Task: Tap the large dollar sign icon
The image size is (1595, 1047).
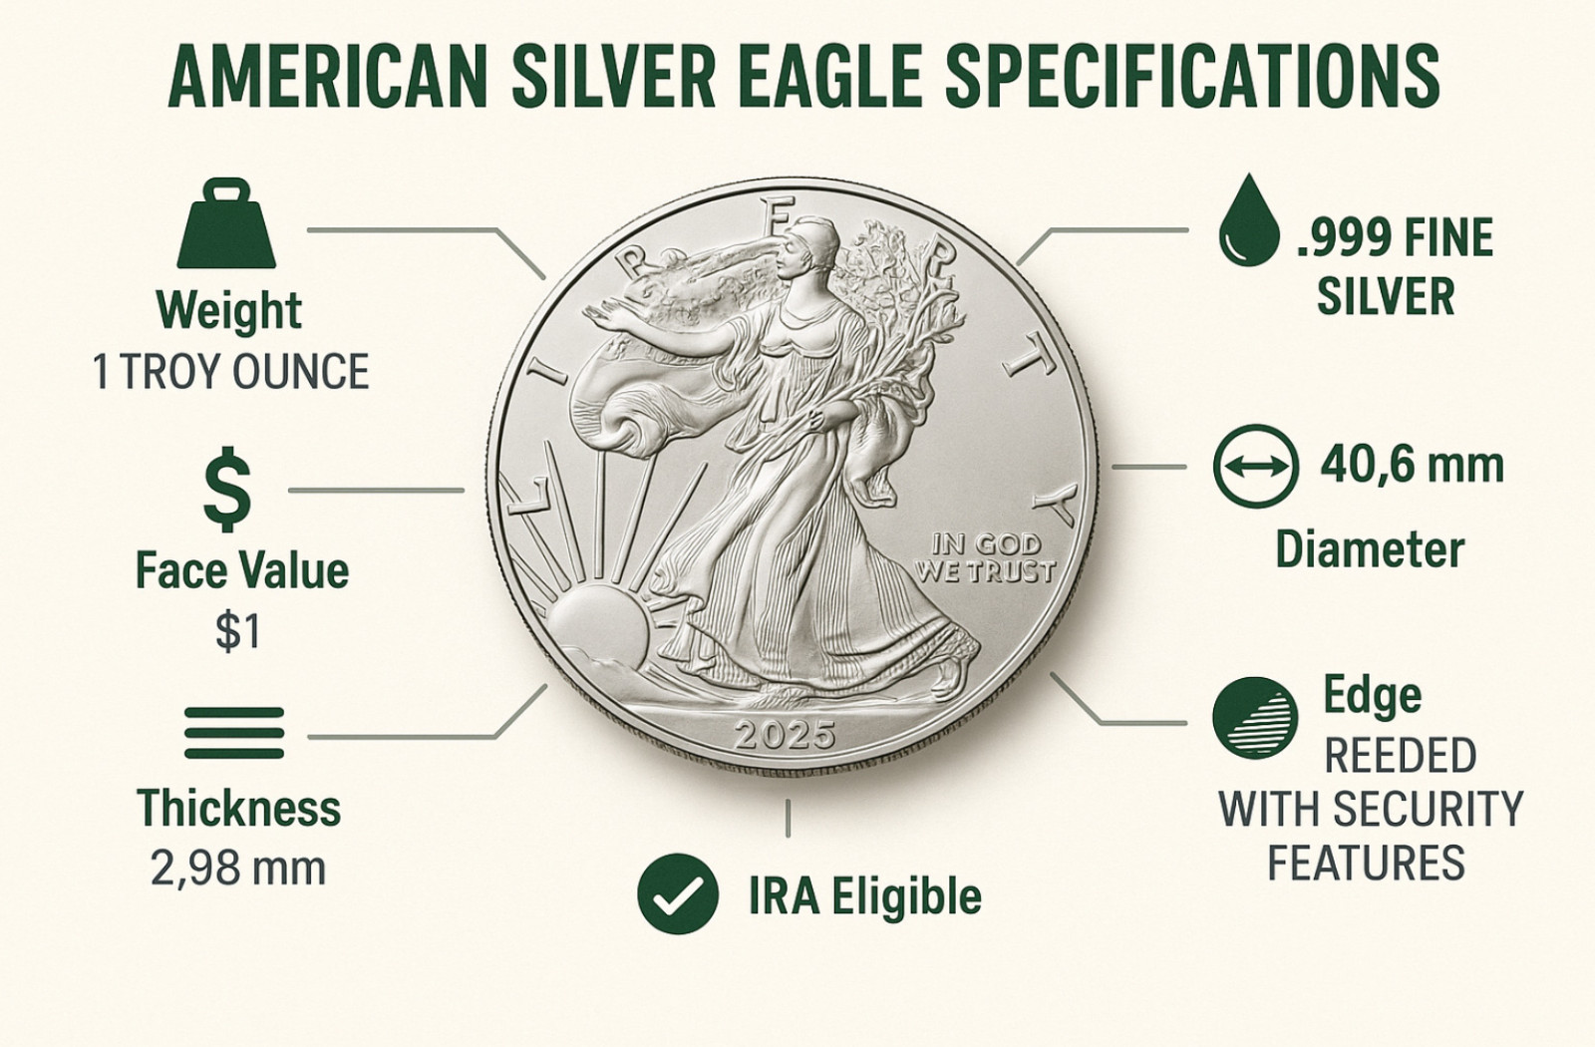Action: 227,491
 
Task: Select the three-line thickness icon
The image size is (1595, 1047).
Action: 234,734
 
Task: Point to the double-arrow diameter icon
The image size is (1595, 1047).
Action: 1255,466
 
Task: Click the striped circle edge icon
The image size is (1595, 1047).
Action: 1255,718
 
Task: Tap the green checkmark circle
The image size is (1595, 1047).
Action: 678,893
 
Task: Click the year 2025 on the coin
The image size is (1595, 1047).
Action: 785,736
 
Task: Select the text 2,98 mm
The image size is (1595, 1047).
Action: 238,869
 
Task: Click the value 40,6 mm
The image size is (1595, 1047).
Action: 1412,466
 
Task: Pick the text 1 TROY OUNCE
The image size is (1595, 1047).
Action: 230,373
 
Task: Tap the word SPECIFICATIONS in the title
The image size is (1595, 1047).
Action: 1192,77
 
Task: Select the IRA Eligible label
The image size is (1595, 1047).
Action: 864,896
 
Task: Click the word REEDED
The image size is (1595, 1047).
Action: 1400,756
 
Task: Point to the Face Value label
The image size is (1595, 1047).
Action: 242,571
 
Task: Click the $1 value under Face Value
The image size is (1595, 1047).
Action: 238,631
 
